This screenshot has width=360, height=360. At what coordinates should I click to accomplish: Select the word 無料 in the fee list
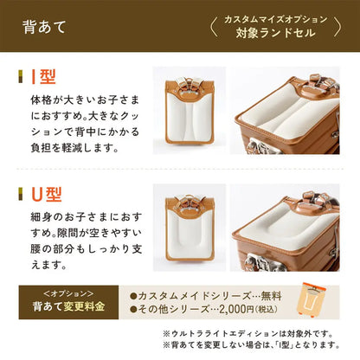coord(267,294)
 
